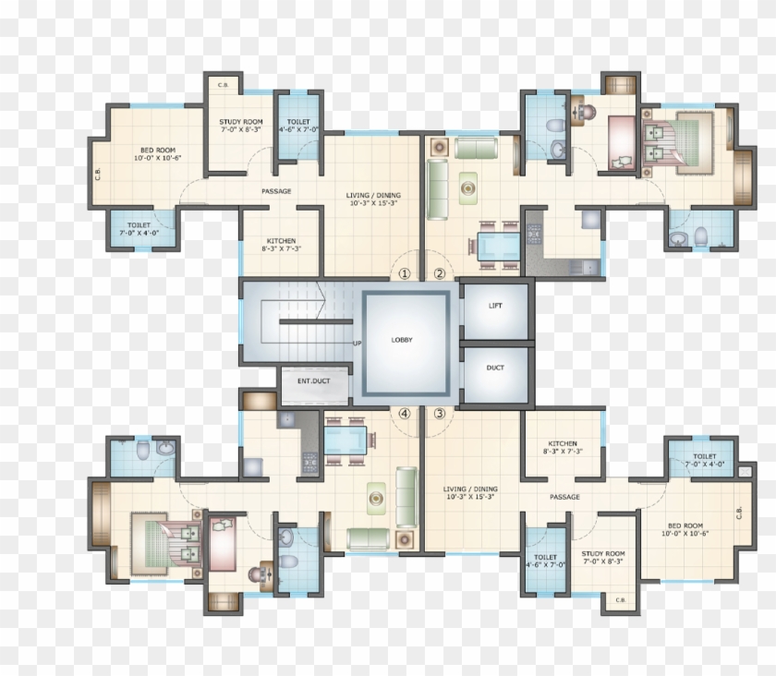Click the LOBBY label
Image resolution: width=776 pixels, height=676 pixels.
click(402, 340)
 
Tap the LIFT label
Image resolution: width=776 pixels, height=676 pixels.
click(495, 306)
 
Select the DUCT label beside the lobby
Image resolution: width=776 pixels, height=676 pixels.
click(495, 368)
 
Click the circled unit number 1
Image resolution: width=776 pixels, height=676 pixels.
click(404, 273)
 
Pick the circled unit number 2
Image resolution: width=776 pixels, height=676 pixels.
click(440, 273)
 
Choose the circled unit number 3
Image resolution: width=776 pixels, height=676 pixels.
click(440, 413)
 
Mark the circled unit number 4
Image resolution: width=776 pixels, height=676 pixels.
click(404, 413)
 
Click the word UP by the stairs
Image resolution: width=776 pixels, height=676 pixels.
click(357, 344)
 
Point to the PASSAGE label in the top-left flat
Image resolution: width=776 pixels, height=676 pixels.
click(276, 191)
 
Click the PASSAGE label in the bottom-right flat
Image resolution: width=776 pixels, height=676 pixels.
click(564, 497)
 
